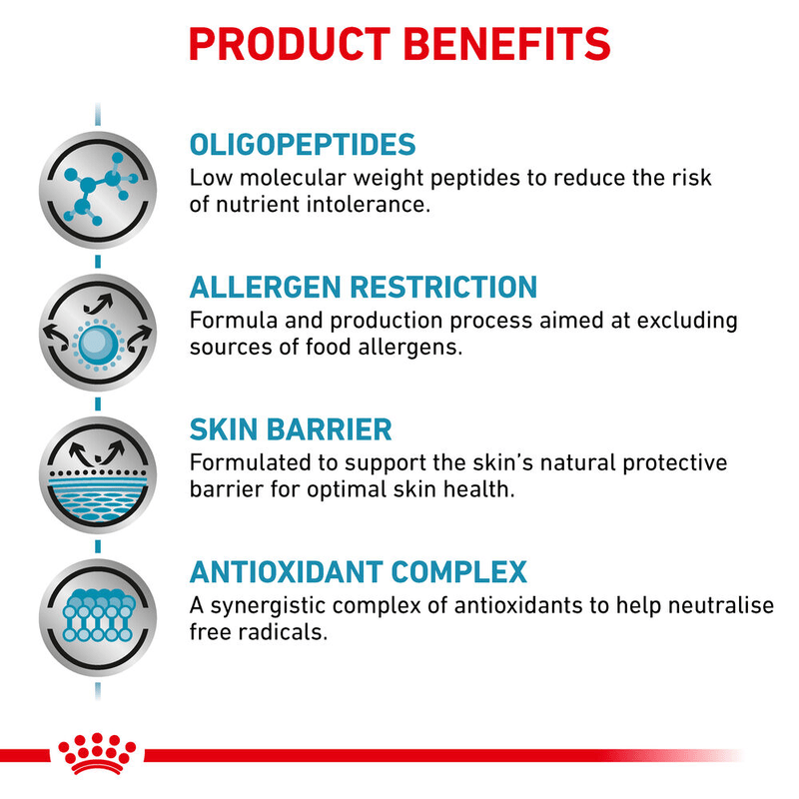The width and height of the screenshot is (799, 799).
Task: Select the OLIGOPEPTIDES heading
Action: point(302,144)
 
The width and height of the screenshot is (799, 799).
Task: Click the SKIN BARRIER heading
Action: point(290,429)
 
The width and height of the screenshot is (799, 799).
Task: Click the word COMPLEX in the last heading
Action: point(463,572)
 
